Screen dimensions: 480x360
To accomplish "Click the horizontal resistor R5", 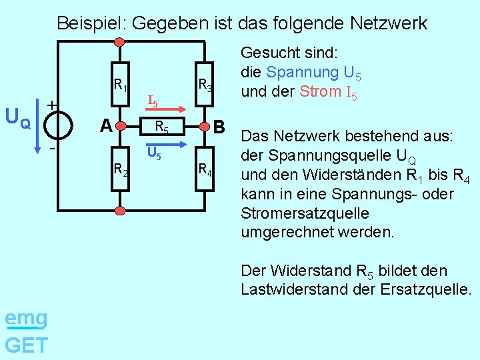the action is [161, 125].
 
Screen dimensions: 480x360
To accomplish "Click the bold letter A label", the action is [105, 125].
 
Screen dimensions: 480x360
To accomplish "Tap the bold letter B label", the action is [220, 125].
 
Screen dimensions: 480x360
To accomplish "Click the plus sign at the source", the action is [51, 105].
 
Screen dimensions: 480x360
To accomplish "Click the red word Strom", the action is [321, 91].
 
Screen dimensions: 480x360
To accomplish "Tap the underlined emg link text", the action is [25, 319].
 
